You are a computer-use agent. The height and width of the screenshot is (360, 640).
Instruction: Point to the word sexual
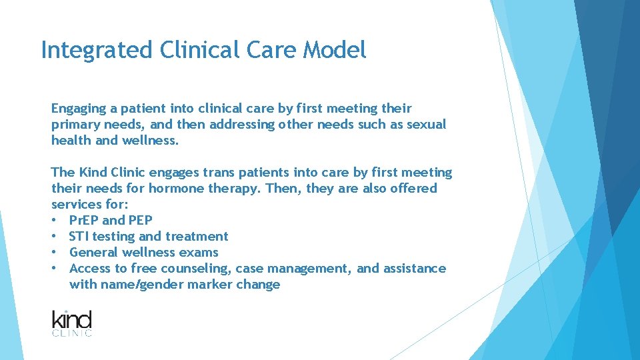click(425, 125)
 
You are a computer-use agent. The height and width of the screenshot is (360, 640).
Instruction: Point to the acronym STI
click(79, 236)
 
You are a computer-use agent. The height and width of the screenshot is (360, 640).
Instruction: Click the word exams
click(201, 252)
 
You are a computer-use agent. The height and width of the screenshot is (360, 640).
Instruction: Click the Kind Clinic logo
click(72, 323)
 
